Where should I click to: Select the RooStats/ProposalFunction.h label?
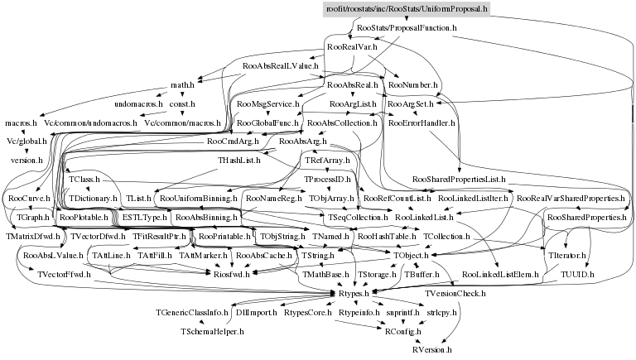click(x=406, y=27)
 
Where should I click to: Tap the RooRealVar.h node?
click(x=353, y=47)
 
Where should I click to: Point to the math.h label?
click(x=182, y=85)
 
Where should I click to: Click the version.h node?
click(x=26, y=160)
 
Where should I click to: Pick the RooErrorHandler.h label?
click(x=422, y=123)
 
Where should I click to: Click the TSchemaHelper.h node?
click(x=212, y=331)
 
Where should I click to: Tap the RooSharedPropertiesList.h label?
click(x=458, y=180)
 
